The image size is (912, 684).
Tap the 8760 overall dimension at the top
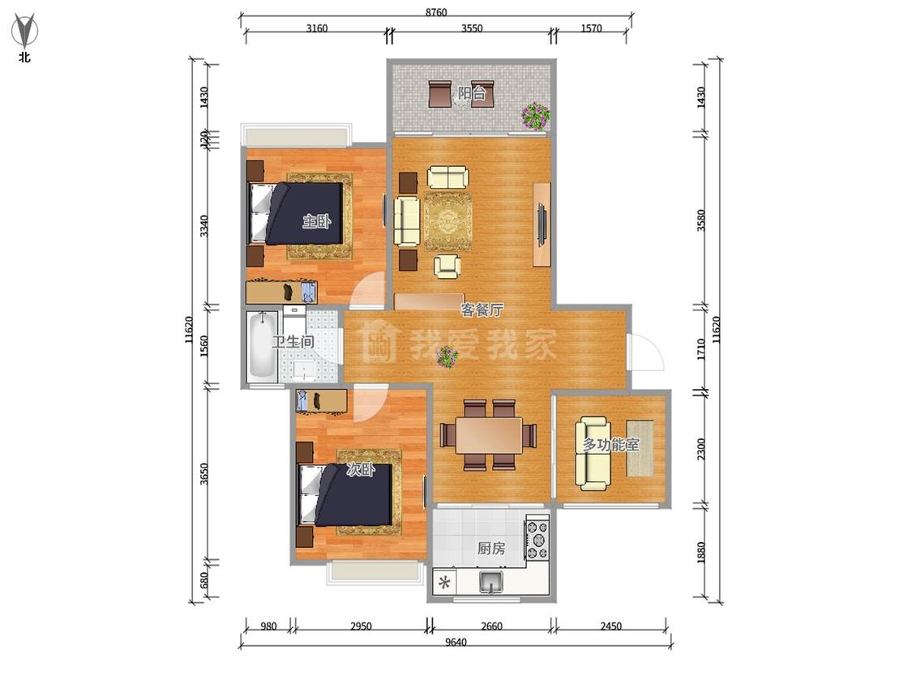click(x=435, y=12)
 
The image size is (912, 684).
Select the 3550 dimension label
click(x=472, y=28)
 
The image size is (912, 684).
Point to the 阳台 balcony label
click(x=472, y=93)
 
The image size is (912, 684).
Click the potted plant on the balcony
click(x=535, y=116)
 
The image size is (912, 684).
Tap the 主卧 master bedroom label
click(x=316, y=221)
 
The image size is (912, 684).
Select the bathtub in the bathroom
click(x=261, y=347)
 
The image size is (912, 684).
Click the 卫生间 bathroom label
click(x=293, y=342)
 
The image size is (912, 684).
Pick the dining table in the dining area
click(x=489, y=435)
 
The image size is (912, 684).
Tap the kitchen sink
click(x=491, y=582)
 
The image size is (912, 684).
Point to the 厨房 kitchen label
click(x=491, y=548)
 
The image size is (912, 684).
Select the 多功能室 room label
click(x=610, y=445)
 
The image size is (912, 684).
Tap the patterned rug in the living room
click(x=447, y=221)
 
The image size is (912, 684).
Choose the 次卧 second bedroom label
click(x=361, y=468)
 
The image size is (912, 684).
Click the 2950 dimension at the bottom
click(x=361, y=626)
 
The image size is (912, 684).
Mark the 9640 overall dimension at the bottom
click(x=456, y=642)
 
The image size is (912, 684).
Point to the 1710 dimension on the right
click(x=701, y=349)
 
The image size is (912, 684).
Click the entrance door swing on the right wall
click(x=645, y=351)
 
